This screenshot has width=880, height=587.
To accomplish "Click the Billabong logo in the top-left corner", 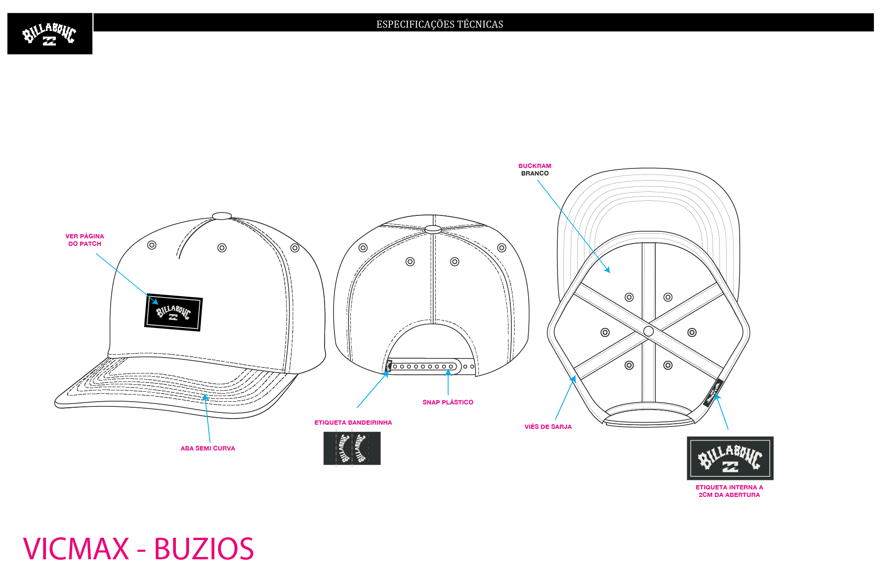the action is (x=50, y=34).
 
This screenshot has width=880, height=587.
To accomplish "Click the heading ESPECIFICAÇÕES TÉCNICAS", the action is (x=440, y=24).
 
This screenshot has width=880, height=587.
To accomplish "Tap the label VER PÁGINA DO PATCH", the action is (x=85, y=240).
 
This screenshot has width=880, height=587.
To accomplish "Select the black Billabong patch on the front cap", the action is (x=174, y=313).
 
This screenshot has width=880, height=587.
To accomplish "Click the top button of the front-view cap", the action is (x=222, y=216).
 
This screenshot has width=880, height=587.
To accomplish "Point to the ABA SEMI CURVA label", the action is (x=208, y=448).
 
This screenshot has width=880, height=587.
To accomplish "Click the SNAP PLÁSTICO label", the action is (x=448, y=402).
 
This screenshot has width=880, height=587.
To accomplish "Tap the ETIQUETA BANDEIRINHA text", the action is (x=353, y=422).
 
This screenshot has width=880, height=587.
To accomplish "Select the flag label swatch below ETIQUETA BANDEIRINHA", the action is (x=352, y=449).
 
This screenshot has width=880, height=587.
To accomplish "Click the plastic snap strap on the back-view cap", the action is (x=422, y=366).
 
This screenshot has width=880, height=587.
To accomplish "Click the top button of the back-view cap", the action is (x=433, y=229).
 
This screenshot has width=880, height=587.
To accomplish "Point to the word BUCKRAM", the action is (x=535, y=166).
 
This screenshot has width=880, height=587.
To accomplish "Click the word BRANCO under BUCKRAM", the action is (x=535, y=173).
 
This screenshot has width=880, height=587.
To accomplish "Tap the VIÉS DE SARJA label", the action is (x=548, y=427).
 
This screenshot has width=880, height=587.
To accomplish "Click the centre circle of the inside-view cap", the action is (x=649, y=331).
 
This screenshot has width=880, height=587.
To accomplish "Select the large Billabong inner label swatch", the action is (x=730, y=458).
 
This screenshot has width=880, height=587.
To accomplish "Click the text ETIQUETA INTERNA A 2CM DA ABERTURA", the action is (x=729, y=491).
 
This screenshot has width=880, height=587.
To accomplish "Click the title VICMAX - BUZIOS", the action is (x=138, y=549).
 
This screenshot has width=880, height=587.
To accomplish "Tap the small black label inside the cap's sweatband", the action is (x=712, y=393).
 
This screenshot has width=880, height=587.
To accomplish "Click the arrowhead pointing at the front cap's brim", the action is (x=205, y=397).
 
